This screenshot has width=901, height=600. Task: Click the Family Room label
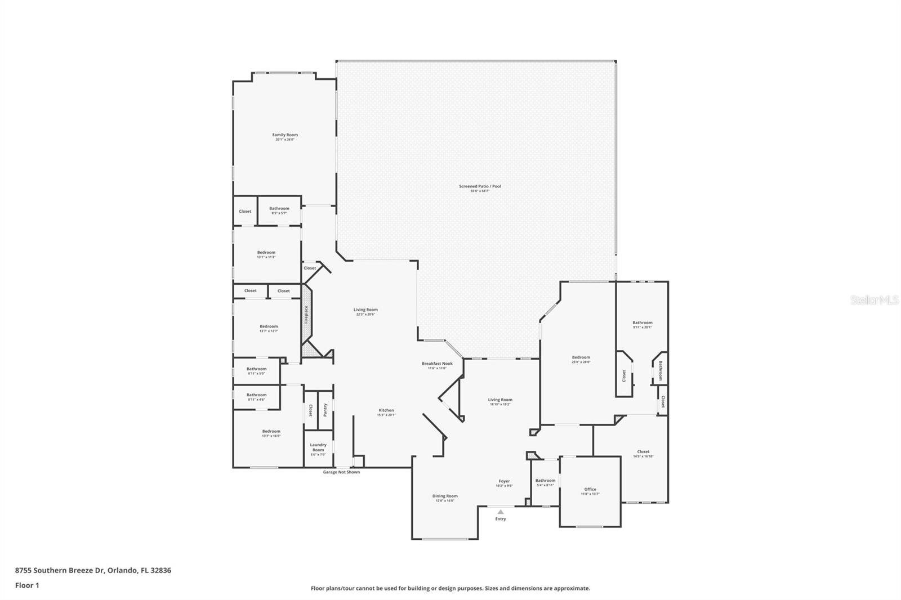[x=285, y=135]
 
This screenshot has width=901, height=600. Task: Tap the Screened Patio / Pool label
[x=480, y=186]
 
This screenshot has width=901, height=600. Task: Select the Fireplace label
[x=306, y=314]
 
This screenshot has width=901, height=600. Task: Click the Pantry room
[x=325, y=410]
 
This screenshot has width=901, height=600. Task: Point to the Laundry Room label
[x=318, y=447]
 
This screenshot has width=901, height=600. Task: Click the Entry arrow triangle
[x=501, y=512]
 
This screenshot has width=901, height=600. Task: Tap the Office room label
[x=590, y=490]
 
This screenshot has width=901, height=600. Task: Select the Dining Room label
[x=445, y=496]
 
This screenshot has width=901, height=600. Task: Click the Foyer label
[x=504, y=481]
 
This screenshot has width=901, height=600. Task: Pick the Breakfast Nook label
[x=437, y=364]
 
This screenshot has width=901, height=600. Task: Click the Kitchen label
[x=386, y=410]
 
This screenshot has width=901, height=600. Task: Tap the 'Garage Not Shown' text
[x=341, y=472]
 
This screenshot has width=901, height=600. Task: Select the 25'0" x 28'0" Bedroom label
[x=581, y=357]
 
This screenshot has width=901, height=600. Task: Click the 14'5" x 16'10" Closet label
[x=643, y=452]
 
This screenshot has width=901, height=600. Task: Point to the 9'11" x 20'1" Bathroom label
[x=642, y=323]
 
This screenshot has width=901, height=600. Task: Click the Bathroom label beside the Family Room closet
[x=279, y=209]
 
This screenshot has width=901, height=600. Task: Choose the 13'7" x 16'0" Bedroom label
[x=271, y=432]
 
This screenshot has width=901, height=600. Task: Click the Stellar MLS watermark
[x=874, y=301]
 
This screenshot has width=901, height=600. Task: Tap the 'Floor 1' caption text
[x=27, y=585]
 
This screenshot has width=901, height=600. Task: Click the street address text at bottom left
[x=93, y=570]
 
